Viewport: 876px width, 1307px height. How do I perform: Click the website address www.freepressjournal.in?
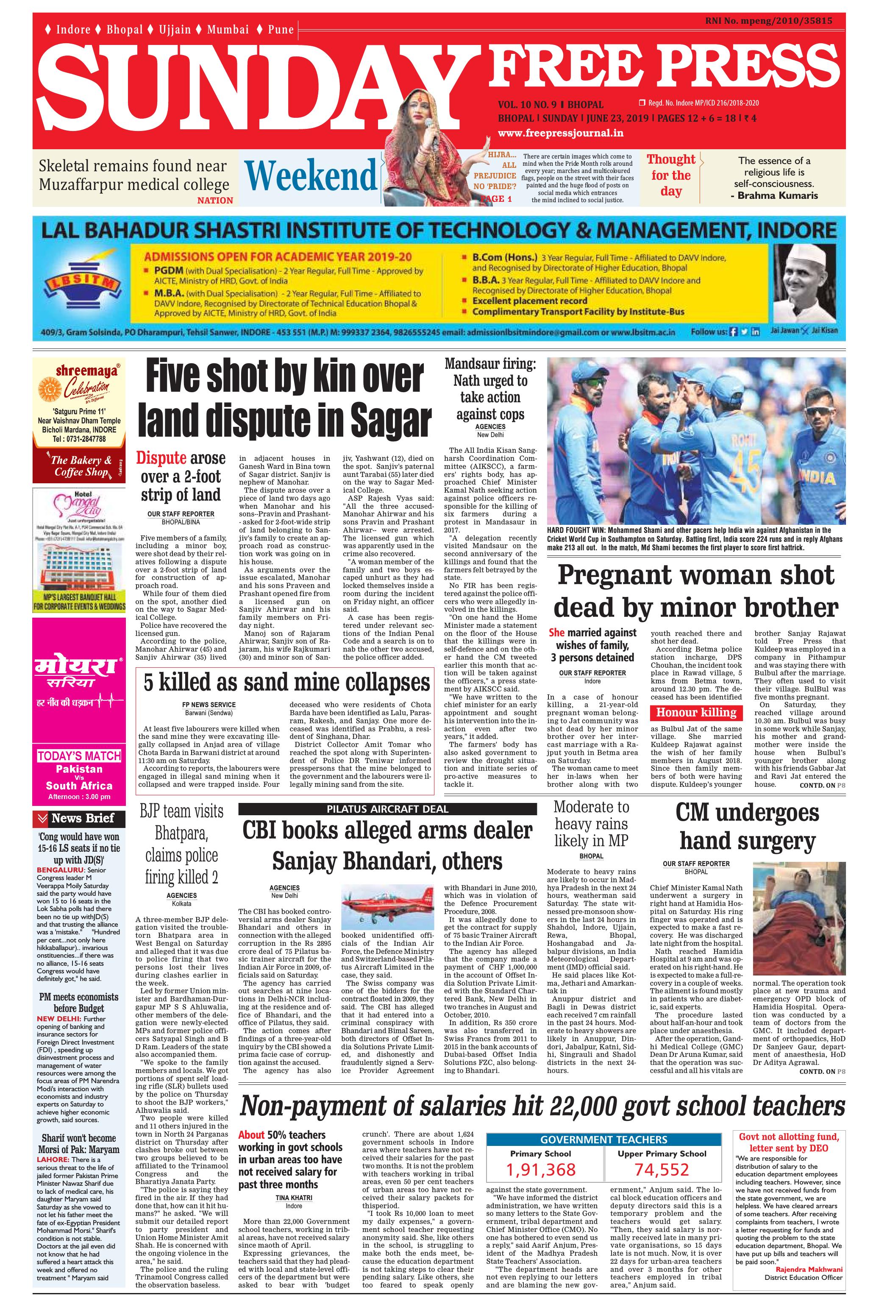[x=560, y=133]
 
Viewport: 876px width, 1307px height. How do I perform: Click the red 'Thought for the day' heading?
[x=671, y=175]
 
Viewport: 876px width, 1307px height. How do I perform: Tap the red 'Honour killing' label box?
[x=696, y=713]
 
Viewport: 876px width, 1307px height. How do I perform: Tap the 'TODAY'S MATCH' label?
[x=79, y=756]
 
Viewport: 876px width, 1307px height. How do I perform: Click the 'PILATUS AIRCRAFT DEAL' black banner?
[x=387, y=808]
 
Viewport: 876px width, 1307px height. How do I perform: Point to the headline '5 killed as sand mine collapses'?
[x=287, y=682]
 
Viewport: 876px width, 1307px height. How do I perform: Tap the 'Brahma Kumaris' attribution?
[x=777, y=195]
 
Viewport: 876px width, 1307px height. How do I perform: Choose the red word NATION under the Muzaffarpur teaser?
[x=215, y=200]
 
